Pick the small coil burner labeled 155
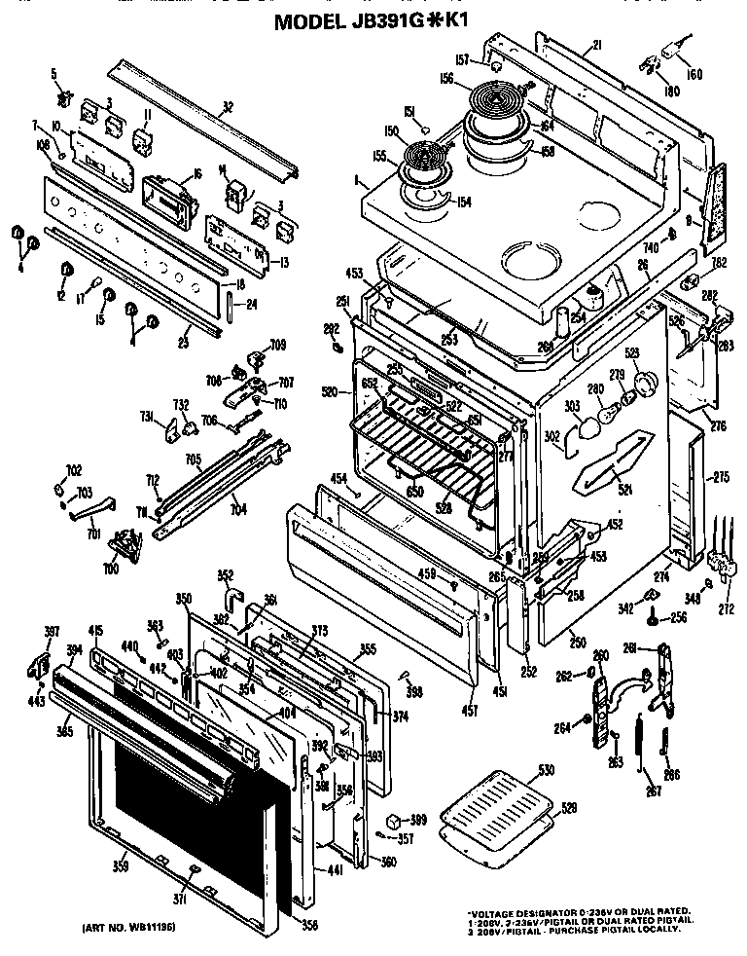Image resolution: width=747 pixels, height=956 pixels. click(x=424, y=159)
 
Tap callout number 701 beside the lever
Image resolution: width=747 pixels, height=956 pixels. click(x=94, y=533)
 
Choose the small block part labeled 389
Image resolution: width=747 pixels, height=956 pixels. click(x=396, y=820)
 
